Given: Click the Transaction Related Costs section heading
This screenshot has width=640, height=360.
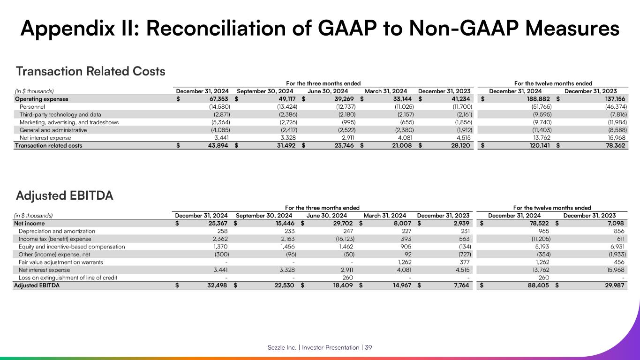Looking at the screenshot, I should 90,71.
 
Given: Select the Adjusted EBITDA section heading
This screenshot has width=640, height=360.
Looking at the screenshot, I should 65,195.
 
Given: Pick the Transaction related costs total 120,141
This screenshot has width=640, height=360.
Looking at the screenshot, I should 538,145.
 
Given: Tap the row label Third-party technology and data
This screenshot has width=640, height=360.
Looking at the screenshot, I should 60,114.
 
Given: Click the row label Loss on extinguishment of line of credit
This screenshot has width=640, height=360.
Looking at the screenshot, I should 68,277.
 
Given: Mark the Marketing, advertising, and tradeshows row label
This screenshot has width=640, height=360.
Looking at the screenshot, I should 69,122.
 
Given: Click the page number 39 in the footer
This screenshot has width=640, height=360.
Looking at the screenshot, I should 369,347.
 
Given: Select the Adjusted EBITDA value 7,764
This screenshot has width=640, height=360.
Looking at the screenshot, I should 460,285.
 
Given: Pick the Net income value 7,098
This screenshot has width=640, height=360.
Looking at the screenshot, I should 616,224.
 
